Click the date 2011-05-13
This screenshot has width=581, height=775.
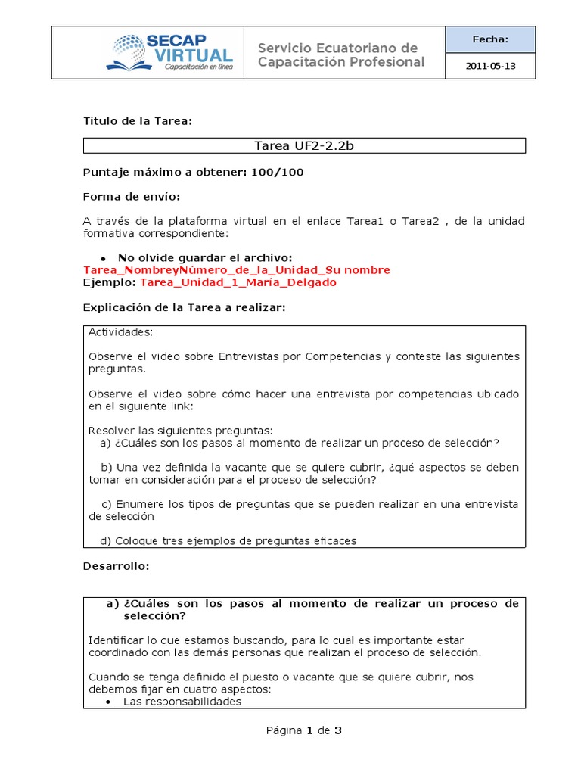(490, 66)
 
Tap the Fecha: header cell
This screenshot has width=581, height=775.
(490, 39)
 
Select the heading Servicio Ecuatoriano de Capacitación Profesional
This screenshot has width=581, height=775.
(341, 55)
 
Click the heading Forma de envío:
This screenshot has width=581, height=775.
(132, 197)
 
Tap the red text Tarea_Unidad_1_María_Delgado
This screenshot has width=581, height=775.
(238, 282)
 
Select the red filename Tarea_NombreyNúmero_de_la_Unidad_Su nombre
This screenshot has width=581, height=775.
(237, 270)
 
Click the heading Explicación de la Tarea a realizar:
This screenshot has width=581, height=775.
(184, 307)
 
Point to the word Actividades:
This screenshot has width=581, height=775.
(120, 332)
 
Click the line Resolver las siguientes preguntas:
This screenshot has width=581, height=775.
(180, 431)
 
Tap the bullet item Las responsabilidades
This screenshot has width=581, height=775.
(182, 702)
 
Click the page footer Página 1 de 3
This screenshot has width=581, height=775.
(304, 730)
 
